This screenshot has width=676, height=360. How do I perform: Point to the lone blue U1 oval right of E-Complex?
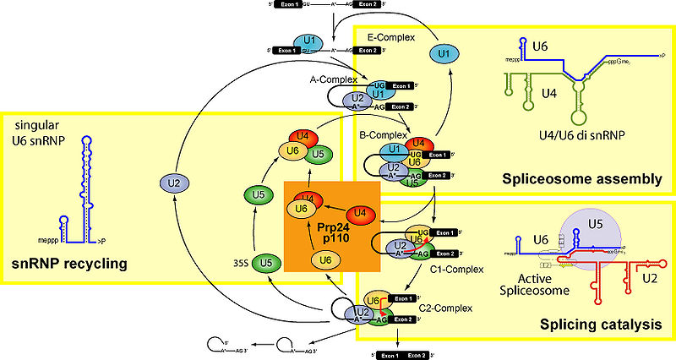(440, 54)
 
